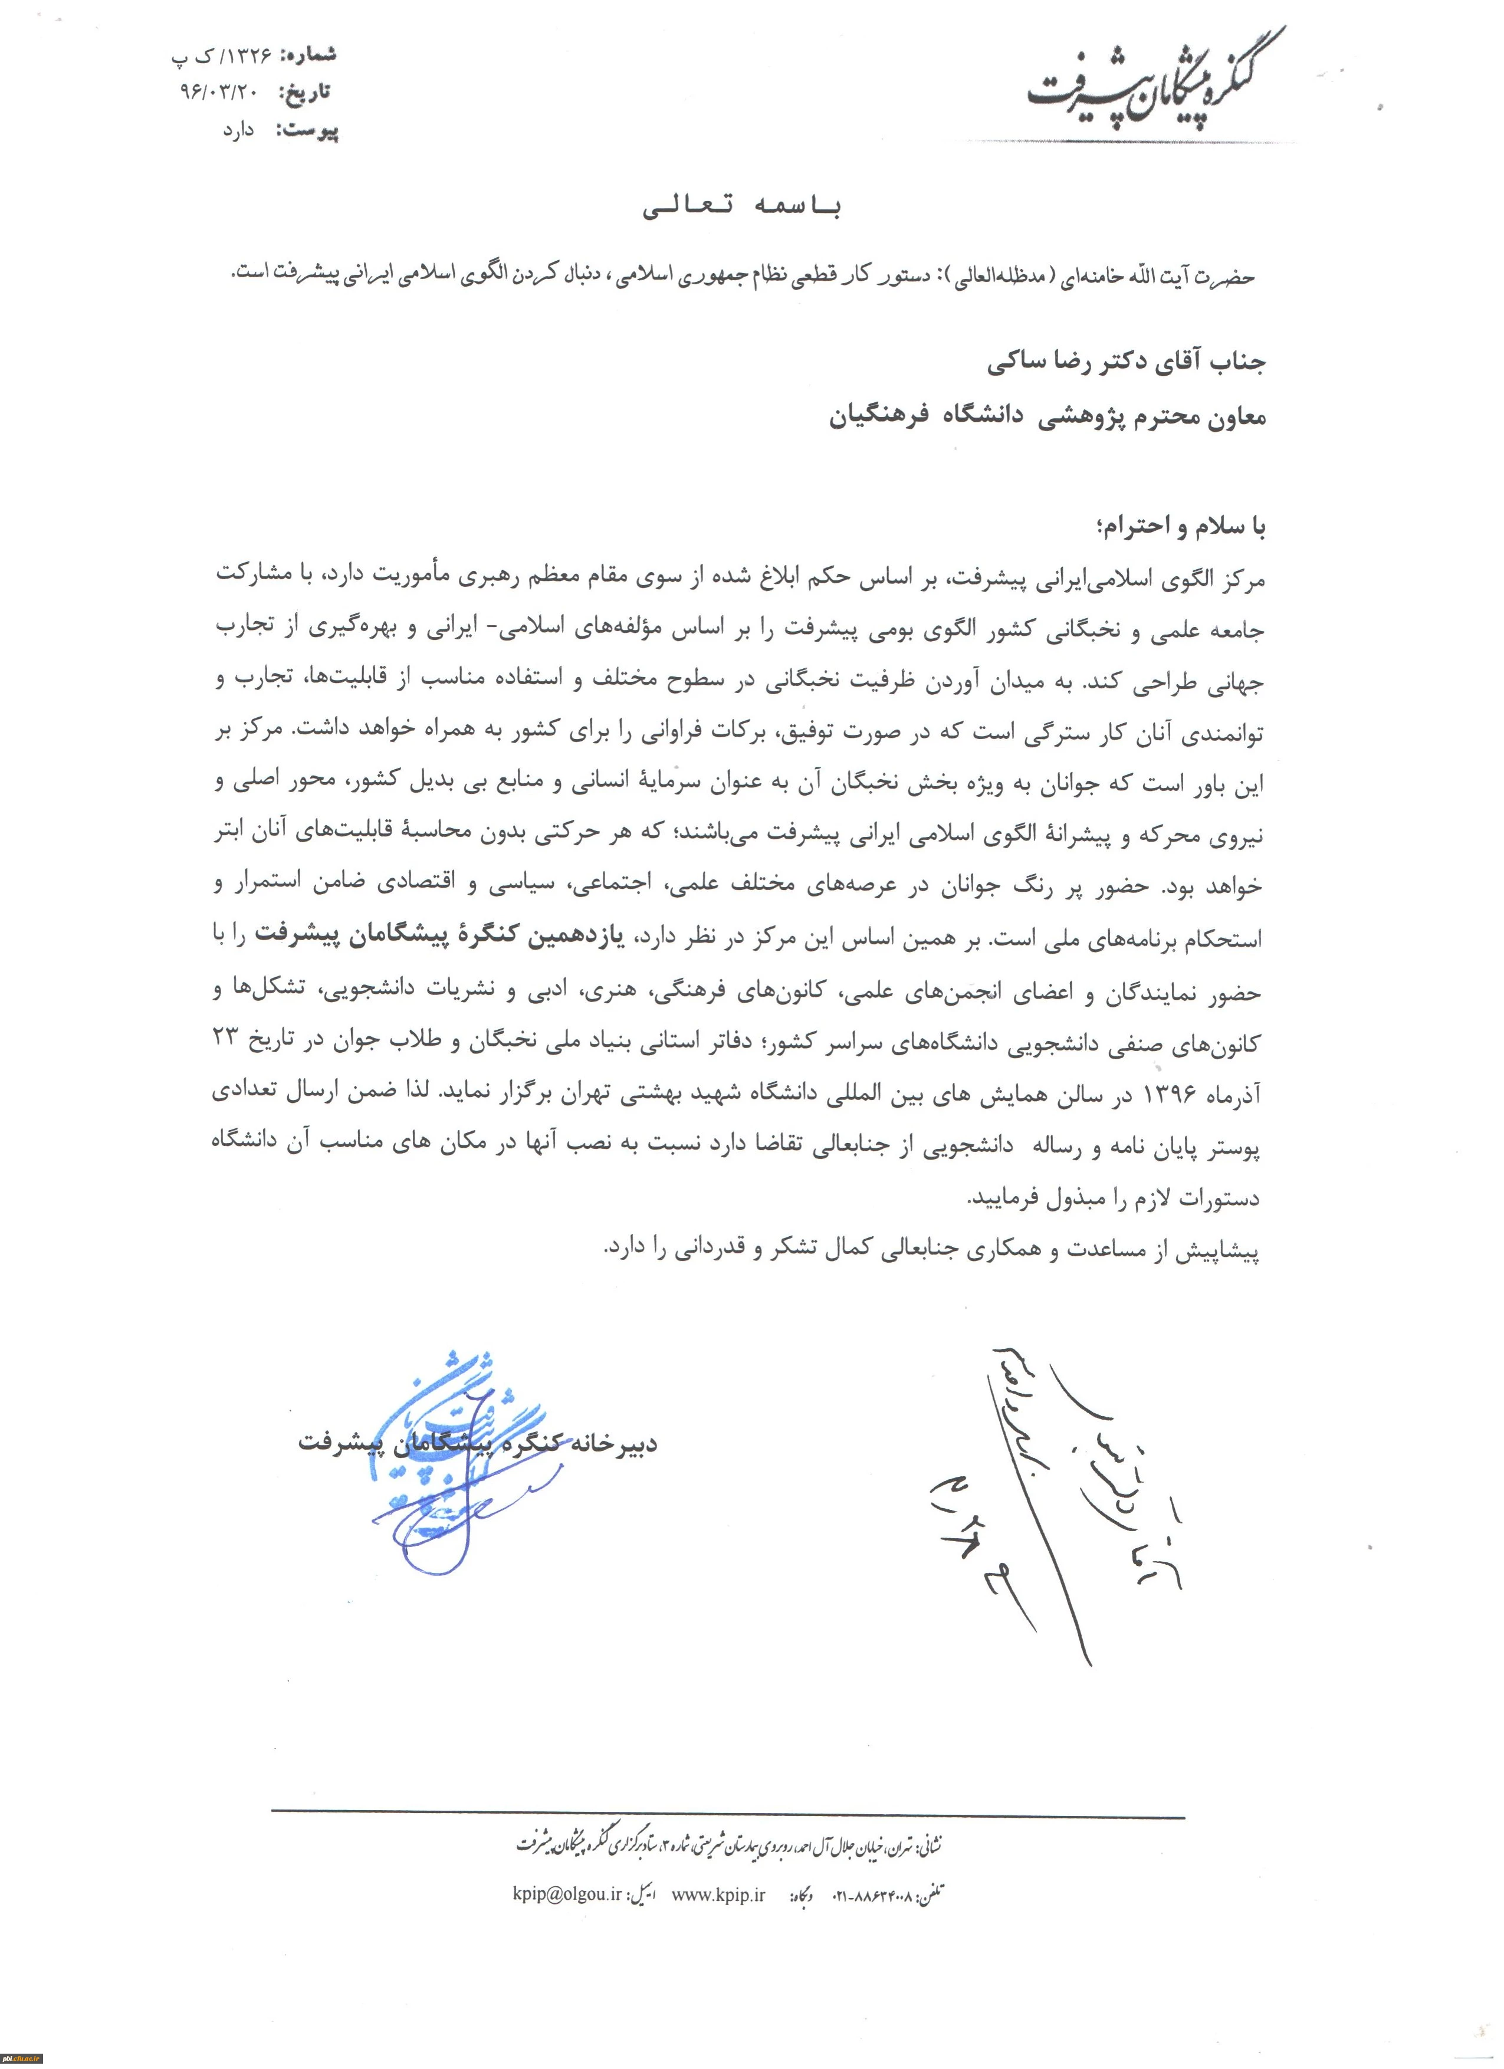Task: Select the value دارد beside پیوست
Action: tap(239, 130)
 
